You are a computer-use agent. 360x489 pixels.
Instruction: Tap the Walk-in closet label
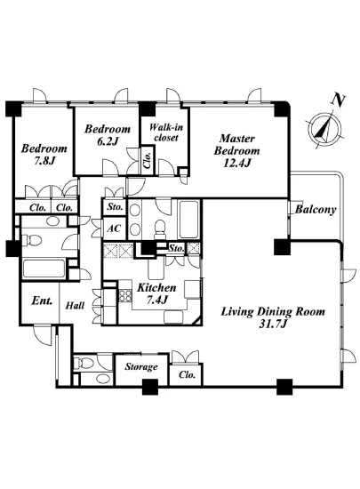click(x=166, y=132)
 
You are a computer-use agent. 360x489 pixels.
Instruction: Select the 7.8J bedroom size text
click(x=44, y=161)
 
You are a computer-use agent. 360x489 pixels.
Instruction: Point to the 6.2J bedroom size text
click(x=108, y=141)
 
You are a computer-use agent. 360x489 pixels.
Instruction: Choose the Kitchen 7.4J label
click(x=156, y=293)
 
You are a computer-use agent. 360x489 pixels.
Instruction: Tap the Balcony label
click(x=316, y=209)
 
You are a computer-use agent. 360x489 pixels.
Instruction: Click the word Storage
click(x=141, y=366)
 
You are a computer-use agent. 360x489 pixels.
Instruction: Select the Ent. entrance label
click(x=42, y=301)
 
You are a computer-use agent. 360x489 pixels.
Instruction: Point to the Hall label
click(x=75, y=305)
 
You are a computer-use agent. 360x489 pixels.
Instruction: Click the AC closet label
click(x=114, y=228)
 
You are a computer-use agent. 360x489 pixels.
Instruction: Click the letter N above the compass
click(x=338, y=100)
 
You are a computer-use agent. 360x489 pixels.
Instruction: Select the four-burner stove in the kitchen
click(x=125, y=296)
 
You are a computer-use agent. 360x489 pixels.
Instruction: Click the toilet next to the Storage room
click(x=84, y=363)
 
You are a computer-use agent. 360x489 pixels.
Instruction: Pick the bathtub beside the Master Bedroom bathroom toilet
click(x=189, y=219)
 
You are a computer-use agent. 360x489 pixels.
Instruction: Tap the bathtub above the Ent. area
click(x=44, y=269)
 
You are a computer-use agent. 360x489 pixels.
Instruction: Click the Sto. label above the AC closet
click(x=115, y=207)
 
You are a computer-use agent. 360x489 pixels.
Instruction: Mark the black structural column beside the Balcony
click(x=282, y=246)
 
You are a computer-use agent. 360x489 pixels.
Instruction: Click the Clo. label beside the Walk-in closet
click(x=148, y=161)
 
